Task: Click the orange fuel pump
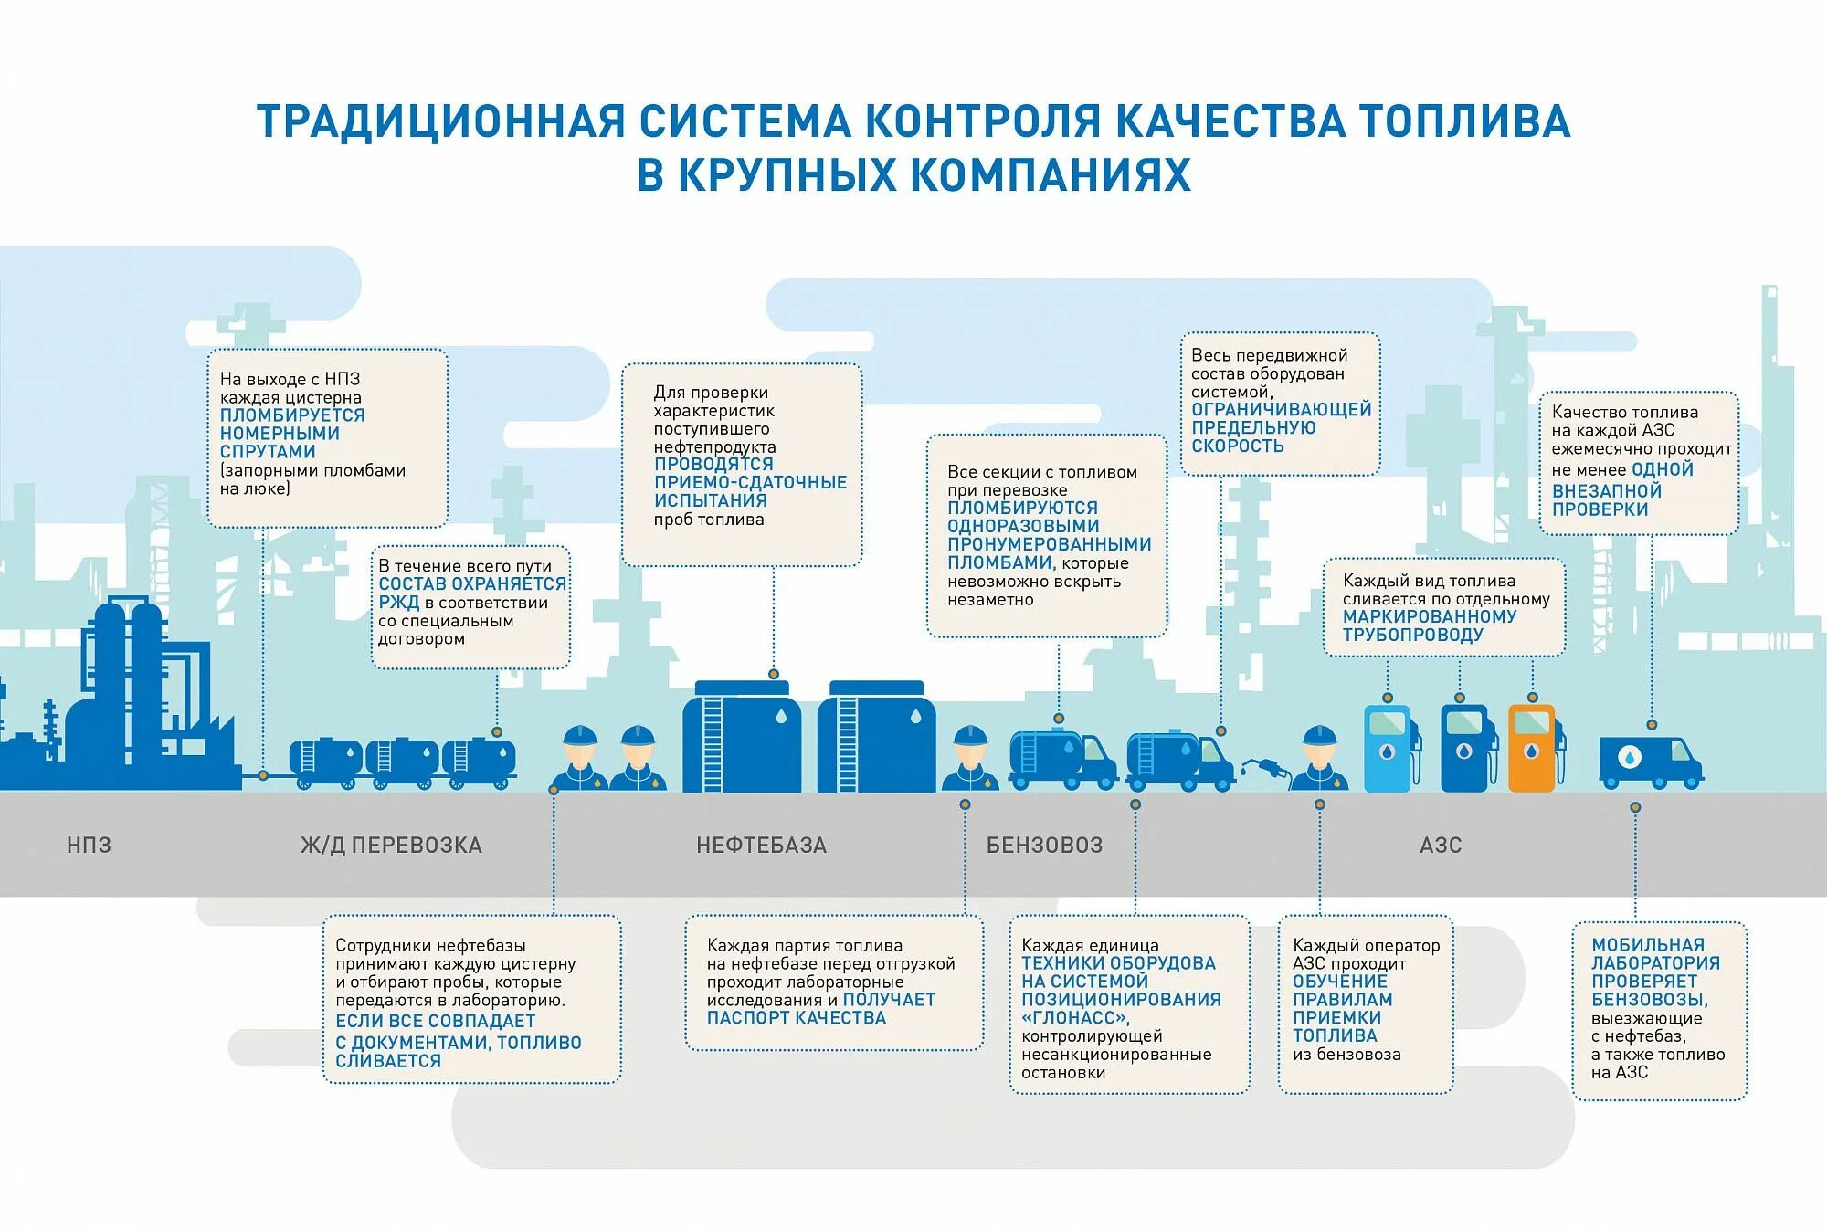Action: (1532, 747)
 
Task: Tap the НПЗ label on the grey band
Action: (89, 846)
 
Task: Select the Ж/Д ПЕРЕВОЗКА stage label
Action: (391, 846)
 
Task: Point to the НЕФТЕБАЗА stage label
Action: (761, 846)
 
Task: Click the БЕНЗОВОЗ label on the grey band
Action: (1044, 846)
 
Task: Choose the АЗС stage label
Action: (1441, 846)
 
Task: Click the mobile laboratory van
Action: (1650, 762)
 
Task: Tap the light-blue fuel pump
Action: (1389, 747)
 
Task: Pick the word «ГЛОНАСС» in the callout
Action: (1075, 1018)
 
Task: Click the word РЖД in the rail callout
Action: (398, 603)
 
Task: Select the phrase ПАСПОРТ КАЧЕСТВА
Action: (797, 1018)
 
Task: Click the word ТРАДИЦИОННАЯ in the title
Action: (440, 122)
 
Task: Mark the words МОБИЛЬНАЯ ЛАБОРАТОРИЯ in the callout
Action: (1654, 954)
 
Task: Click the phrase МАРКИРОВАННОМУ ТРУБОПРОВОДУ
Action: (1429, 625)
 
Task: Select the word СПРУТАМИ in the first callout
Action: (268, 452)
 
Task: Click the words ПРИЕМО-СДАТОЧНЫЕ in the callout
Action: (750, 482)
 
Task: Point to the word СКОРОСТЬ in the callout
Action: (1237, 446)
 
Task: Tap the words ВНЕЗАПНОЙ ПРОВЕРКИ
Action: (1606, 500)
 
